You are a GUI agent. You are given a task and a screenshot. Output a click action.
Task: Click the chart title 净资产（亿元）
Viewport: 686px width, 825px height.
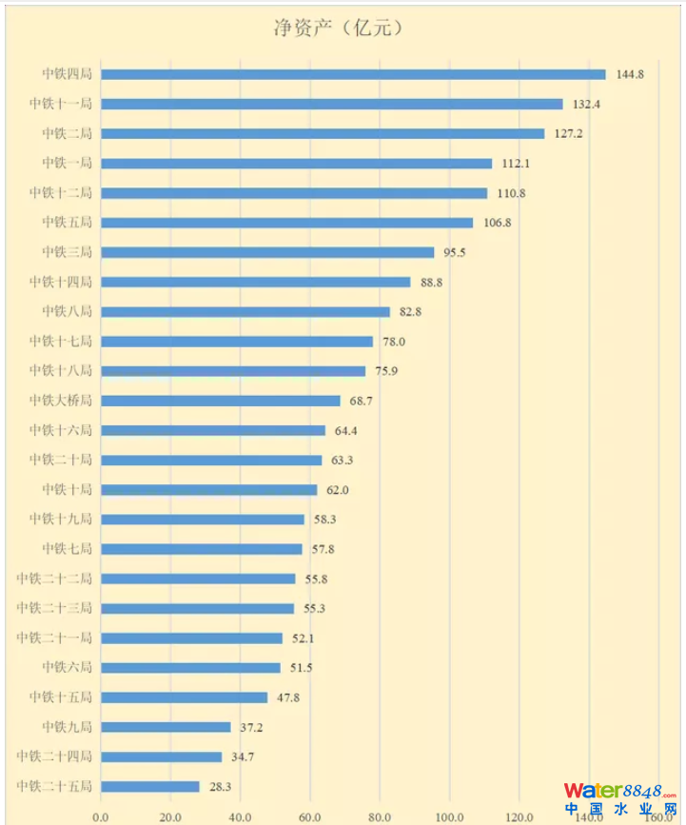(343, 28)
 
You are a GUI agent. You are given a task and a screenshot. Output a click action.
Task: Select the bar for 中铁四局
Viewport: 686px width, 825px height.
(353, 74)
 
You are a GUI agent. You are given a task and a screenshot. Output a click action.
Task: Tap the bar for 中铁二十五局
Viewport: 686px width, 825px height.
(150, 787)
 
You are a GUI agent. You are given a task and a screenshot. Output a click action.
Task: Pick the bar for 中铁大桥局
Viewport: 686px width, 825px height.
(221, 401)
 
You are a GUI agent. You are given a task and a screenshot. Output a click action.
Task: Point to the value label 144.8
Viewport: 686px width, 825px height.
(630, 74)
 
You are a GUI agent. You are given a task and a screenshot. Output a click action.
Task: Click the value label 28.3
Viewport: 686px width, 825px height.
(223, 787)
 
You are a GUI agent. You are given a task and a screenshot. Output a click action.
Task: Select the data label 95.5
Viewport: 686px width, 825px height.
(457, 252)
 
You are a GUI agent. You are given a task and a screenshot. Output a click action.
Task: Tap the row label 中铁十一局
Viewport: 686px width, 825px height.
(60, 104)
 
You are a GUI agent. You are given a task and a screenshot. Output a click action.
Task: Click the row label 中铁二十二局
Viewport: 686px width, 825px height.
(54, 579)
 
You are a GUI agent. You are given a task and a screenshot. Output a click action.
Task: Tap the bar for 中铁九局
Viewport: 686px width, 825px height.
(166, 727)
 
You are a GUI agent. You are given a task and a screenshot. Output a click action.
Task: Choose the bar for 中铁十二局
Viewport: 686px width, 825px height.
(294, 193)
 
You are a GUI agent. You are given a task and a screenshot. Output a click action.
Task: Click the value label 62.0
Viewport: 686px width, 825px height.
(340, 490)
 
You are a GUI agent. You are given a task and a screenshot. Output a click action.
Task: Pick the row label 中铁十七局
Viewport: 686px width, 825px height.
(60, 342)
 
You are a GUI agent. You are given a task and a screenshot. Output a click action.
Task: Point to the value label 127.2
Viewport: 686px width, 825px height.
(567, 133)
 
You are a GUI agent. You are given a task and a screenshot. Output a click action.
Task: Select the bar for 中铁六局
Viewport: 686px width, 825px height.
(190, 668)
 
